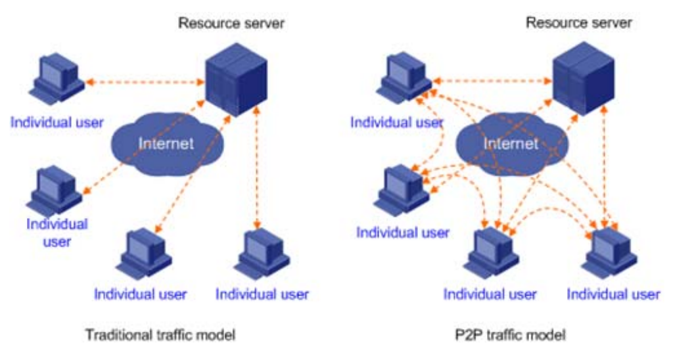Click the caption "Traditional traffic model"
point(160,335)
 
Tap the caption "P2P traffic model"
point(508,335)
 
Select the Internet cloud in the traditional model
point(168,141)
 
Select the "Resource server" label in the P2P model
point(578,23)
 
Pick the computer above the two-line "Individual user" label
point(57,191)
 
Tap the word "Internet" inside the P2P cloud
point(511,143)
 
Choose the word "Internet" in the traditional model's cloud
point(168,143)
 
